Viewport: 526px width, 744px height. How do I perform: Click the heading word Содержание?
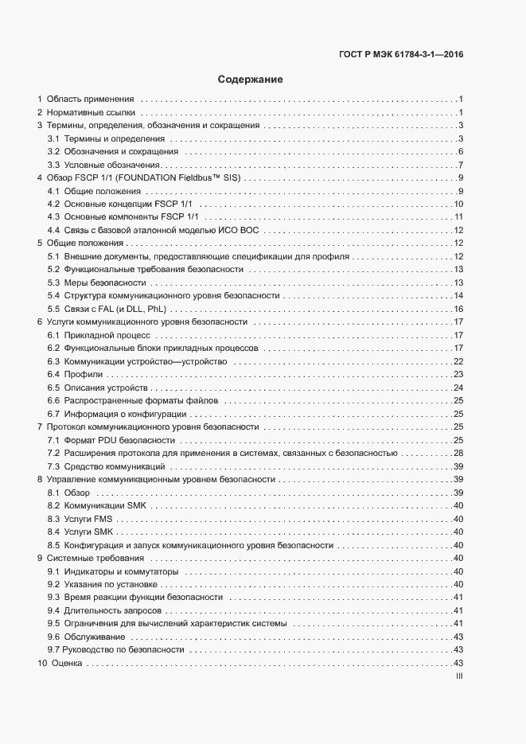point(250,80)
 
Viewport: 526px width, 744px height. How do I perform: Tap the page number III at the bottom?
point(458,676)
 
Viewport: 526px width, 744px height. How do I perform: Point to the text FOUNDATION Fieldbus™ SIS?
point(180,177)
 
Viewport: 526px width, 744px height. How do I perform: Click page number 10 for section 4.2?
point(458,204)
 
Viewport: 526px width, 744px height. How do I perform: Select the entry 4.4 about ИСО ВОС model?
point(154,230)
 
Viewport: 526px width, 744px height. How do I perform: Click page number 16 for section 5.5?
point(458,308)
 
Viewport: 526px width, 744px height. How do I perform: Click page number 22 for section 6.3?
point(458,360)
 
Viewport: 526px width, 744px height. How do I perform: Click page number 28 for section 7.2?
point(458,452)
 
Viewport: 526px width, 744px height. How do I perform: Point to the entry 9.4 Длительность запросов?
point(105,610)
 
